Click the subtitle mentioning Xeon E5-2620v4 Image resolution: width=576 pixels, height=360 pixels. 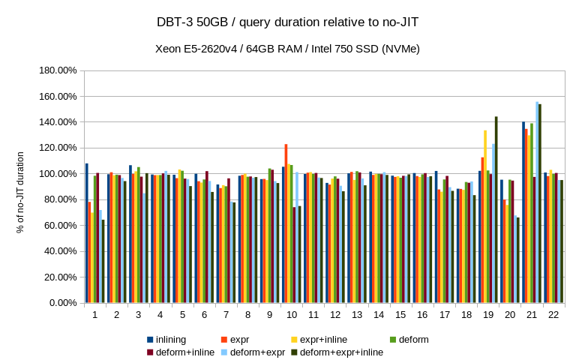click(287, 49)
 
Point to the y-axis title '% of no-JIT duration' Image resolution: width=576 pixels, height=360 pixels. click(20, 192)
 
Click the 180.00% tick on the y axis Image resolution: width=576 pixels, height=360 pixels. click(57, 70)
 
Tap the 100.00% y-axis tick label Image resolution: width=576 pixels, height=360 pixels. click(57, 174)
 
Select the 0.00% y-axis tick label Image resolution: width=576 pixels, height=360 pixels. click(61, 303)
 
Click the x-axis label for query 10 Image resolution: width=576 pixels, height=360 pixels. click(292, 315)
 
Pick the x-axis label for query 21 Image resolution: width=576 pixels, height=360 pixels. click(532, 315)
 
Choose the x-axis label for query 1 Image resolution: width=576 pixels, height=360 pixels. click(95, 315)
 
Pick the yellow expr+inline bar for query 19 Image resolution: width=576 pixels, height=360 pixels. click(485, 217)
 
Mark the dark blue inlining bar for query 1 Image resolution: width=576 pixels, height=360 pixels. click(87, 233)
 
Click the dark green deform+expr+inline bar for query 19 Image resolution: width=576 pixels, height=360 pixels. click(496, 210)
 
